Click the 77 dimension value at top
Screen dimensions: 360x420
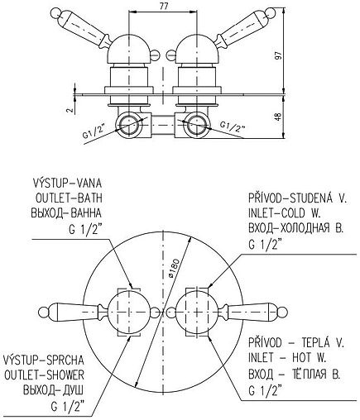point(164,7)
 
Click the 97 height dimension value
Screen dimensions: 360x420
point(279,55)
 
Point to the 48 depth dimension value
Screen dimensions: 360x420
point(279,117)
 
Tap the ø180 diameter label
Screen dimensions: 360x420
point(174,268)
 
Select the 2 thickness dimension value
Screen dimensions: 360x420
point(70,110)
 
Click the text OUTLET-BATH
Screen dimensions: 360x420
point(69,198)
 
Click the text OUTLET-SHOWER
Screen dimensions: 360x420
point(44,375)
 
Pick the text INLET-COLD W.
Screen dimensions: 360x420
point(284,213)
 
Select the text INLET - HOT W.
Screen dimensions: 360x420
point(287,358)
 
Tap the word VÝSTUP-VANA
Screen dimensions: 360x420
point(67,183)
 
